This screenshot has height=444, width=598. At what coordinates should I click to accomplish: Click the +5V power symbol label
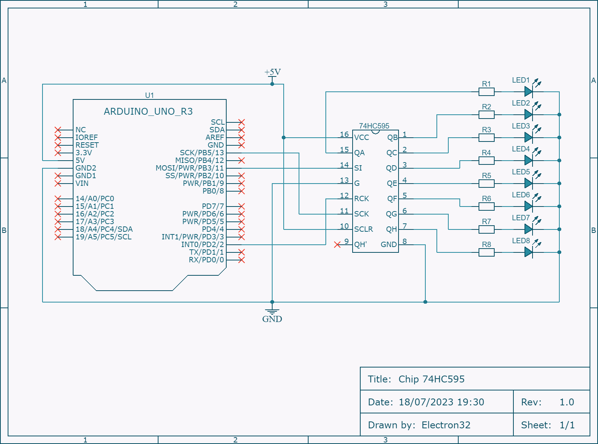point(272,72)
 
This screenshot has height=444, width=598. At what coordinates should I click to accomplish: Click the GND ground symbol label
point(272,319)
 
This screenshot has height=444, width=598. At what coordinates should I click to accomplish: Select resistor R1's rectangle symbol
point(486,92)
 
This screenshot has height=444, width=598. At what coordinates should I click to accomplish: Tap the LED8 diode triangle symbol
point(528,252)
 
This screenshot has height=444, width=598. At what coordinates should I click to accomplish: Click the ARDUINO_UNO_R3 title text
point(148,111)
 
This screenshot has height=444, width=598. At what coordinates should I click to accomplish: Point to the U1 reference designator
point(149,95)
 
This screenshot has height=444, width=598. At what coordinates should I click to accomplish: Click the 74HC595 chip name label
point(374,126)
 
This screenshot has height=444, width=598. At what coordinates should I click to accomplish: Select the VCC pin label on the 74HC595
point(361,138)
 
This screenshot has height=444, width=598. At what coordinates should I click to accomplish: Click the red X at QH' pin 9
point(337,244)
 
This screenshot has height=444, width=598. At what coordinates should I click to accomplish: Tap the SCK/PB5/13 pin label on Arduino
point(202,153)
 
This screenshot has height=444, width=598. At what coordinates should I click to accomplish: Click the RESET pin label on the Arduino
point(87,145)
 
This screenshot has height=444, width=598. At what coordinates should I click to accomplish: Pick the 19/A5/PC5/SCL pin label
point(103,237)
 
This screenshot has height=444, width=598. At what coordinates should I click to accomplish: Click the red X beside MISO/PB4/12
point(241,160)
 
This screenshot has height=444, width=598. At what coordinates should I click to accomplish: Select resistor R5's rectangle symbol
point(486,184)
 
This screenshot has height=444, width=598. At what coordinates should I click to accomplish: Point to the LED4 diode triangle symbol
point(528,160)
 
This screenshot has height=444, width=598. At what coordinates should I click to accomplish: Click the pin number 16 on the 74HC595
point(344,134)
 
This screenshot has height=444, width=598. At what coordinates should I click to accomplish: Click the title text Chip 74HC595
point(431,379)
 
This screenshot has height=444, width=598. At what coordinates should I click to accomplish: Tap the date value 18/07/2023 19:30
point(441,402)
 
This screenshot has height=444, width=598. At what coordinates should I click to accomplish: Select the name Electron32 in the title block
point(446,425)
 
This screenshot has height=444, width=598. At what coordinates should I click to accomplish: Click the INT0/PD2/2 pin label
point(203,244)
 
